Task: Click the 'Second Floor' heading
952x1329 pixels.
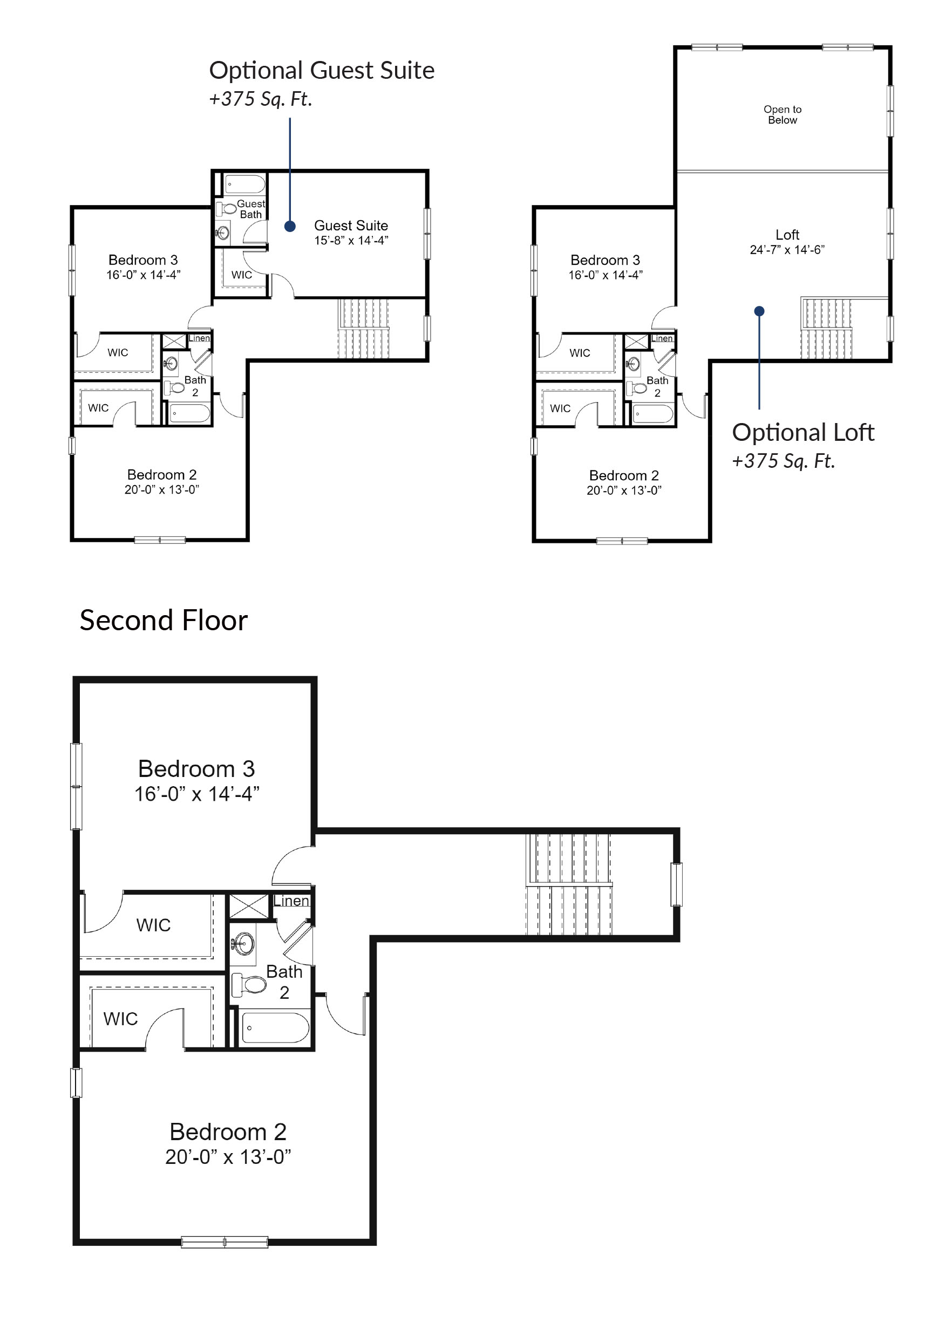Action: [164, 621]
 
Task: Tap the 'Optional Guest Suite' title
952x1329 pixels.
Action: [321, 71]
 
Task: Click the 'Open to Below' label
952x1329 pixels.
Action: [782, 115]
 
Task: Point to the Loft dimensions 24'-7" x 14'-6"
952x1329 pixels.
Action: [787, 250]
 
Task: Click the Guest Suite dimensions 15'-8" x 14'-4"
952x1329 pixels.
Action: [351, 241]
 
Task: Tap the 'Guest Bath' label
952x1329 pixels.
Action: [251, 209]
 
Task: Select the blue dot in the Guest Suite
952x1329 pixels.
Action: [290, 226]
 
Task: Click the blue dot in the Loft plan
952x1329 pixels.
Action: [759, 311]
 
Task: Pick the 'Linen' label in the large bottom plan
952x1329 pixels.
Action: [291, 901]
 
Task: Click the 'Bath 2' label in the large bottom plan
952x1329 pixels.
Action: [284, 982]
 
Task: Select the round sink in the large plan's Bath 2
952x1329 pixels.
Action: [244, 944]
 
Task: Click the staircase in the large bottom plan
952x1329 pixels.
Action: [569, 885]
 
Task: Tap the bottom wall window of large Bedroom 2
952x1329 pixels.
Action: [225, 1241]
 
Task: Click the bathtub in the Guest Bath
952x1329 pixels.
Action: [245, 185]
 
